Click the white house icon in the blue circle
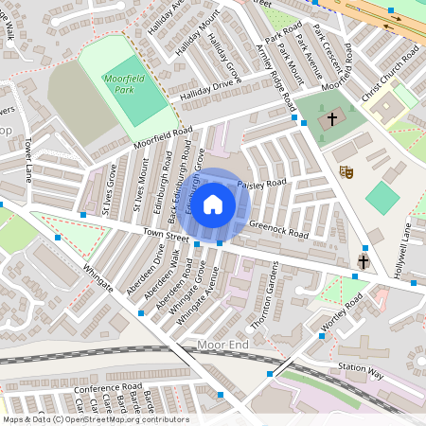point(214,204)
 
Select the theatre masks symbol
point(346,172)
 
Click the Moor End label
point(223,345)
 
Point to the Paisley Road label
point(261,183)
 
